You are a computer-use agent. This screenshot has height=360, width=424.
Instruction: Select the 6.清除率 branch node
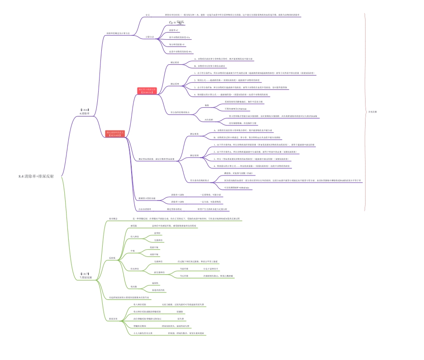(x=84, y=113)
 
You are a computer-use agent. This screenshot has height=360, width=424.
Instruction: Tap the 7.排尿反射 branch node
(x=84, y=277)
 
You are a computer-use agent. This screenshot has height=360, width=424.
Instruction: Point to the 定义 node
(x=148, y=15)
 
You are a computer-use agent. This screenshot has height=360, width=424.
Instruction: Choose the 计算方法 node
(x=150, y=37)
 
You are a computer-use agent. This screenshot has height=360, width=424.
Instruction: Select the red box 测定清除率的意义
(x=114, y=133)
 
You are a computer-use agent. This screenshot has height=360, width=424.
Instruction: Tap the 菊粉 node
(x=207, y=105)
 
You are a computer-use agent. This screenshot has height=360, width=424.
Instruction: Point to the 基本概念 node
(x=114, y=218)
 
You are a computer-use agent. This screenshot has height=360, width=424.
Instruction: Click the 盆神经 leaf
(x=157, y=233)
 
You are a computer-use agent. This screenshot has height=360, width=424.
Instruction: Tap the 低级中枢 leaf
(x=154, y=247)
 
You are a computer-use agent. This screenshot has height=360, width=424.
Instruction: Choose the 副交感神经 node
(x=159, y=272)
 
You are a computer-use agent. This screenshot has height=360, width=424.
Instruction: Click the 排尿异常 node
(x=113, y=318)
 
